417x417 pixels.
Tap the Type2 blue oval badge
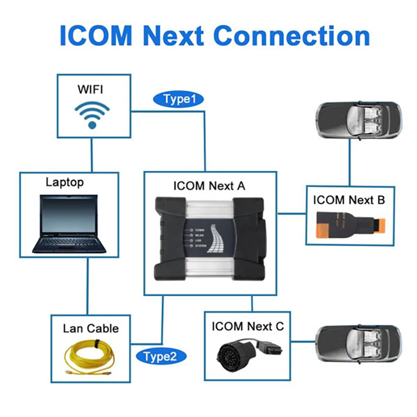click(161, 357)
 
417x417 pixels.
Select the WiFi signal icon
click(92, 114)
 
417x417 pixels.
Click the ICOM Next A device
click(208, 239)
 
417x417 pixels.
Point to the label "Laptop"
click(65, 182)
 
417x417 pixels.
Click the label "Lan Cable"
click(91, 328)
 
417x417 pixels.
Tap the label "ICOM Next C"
click(248, 327)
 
